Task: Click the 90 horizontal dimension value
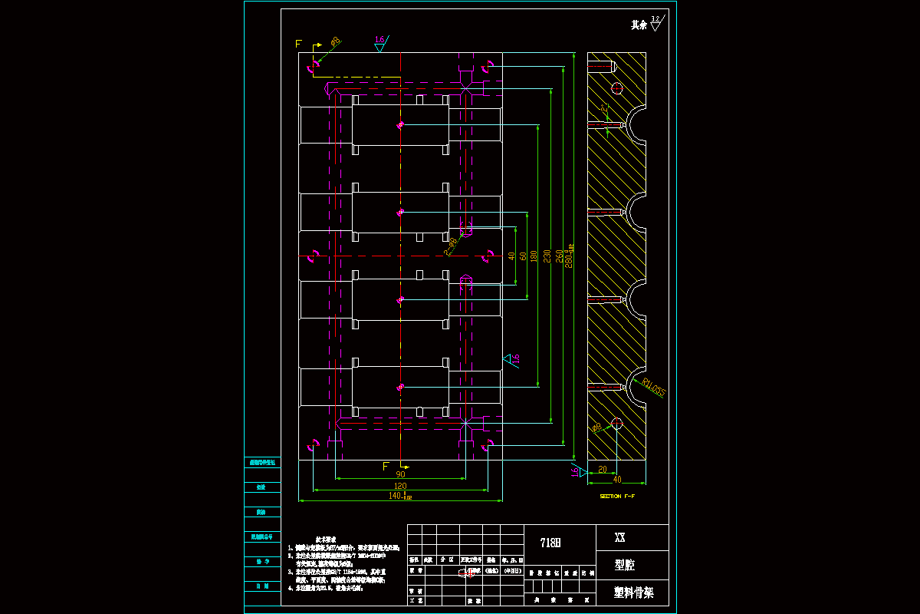pyautogui.click(x=400, y=474)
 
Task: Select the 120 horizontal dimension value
pyautogui.click(x=400, y=486)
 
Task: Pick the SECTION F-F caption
pyautogui.click(x=616, y=497)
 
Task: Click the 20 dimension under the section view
pyautogui.click(x=602, y=469)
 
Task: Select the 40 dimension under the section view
pyautogui.click(x=616, y=480)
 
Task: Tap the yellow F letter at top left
pyautogui.click(x=298, y=44)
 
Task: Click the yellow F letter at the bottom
pyautogui.click(x=386, y=466)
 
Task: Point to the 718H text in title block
pyautogui.click(x=550, y=543)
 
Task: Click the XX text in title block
pyautogui.click(x=620, y=538)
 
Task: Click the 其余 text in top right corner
pyautogui.click(x=639, y=25)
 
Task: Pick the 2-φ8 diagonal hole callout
pyautogui.click(x=451, y=246)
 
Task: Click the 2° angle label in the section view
pyautogui.click(x=605, y=108)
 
